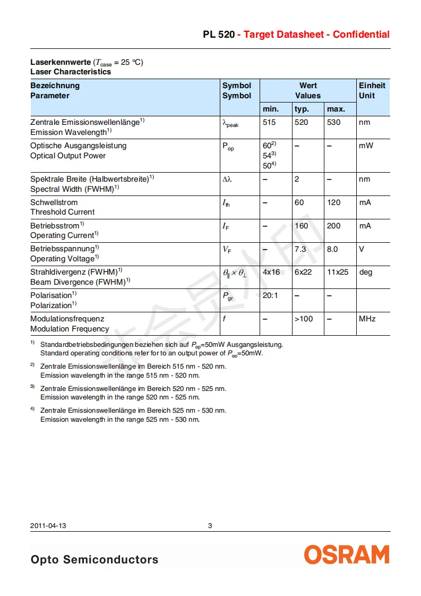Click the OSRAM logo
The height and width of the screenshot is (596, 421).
point(346,555)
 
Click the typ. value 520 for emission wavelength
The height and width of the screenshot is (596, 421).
point(301,122)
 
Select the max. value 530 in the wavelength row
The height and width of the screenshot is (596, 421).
point(334,122)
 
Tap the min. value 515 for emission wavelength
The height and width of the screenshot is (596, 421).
point(269,122)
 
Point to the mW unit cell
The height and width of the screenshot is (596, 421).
point(366,146)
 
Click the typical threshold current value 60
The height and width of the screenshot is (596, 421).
point(299,202)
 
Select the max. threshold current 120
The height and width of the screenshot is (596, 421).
point(334,202)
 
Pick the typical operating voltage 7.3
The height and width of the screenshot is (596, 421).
point(300,249)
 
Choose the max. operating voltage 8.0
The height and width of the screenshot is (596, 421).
point(332,249)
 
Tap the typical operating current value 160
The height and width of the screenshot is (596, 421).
point(301,226)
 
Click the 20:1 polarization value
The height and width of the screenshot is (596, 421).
point(270,295)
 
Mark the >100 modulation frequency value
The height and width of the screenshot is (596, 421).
point(304,319)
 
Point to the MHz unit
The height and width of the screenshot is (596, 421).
point(367,319)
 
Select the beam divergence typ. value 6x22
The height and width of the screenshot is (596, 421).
point(303,272)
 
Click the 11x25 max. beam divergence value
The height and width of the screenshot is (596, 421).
point(338,272)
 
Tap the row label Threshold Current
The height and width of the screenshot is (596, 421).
point(63,212)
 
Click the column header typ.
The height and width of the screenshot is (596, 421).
point(302,109)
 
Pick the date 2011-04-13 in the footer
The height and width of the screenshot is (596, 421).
point(48,526)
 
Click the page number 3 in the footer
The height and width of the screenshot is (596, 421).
point(210,526)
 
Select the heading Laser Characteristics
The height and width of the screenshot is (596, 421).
point(71,72)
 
